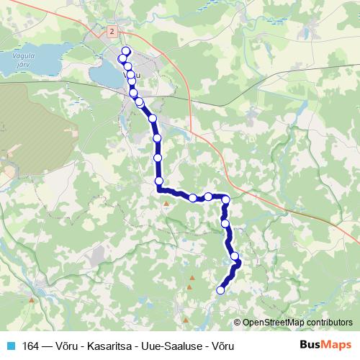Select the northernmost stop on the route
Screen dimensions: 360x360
pos(126,50)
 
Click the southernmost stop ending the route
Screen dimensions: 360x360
pos(221,290)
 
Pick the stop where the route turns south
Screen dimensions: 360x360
pos(226,199)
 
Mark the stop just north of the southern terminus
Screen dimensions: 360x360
pos(235,256)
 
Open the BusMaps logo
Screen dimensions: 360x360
pos(325,345)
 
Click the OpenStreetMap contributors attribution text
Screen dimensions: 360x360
pos(297,323)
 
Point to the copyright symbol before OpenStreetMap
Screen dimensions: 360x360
pos(238,323)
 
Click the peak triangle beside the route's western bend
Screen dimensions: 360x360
pos(166,204)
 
